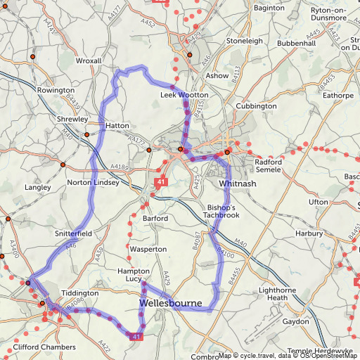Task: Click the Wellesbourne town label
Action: coord(172,303)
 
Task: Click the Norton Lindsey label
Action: coord(92,183)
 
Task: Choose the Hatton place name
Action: coord(117,126)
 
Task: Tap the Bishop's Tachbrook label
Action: coord(224,212)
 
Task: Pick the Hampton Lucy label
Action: coord(134,275)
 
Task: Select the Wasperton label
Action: coord(148,250)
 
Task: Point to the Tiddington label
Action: coord(80,292)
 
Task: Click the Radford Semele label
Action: coord(269,166)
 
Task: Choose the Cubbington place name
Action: coord(257,106)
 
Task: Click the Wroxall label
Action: coord(89,61)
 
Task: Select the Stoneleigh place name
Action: coord(244,41)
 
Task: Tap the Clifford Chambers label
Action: coord(44,347)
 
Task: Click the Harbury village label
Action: coord(309,233)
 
